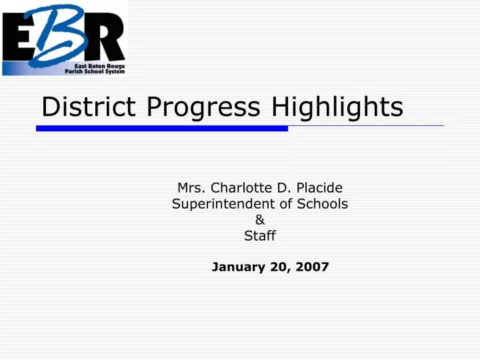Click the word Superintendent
[228, 204]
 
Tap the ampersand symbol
[260, 220]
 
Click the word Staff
[260, 235]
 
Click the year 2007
[312, 267]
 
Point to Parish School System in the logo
[95, 71]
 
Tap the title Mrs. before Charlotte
[191, 188]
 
